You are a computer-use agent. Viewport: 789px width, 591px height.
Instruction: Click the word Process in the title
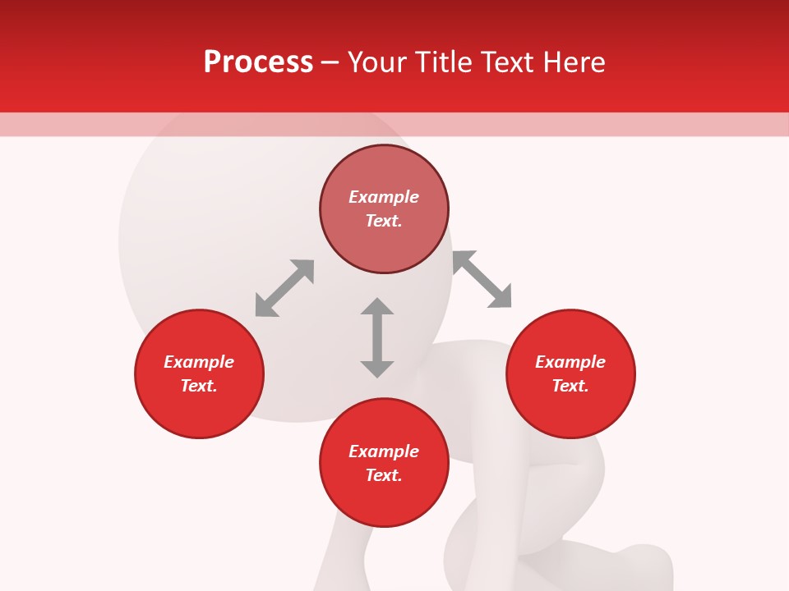coord(258,62)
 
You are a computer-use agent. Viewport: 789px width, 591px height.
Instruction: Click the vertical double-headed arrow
coord(377,337)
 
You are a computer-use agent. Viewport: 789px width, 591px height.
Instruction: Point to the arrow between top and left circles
coord(284,287)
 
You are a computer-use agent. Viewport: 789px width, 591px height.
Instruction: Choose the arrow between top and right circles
coord(482,279)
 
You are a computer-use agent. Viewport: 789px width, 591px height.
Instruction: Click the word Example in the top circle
coord(384,197)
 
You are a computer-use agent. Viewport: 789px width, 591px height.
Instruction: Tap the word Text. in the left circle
coord(199,386)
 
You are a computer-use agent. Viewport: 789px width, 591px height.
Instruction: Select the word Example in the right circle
coord(570,362)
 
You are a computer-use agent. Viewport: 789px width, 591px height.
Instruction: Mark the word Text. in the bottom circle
coord(384,475)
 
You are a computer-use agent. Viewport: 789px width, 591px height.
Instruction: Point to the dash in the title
coord(330,62)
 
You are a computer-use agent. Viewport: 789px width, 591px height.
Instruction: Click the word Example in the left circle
coord(199,362)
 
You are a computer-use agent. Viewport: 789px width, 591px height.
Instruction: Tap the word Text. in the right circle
coord(570,386)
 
